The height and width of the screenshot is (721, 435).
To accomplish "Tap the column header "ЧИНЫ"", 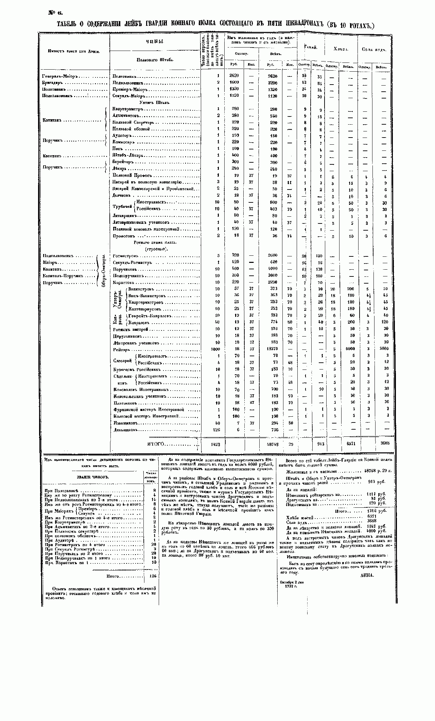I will coord(155,41).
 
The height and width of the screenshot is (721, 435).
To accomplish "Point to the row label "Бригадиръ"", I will coord(52,83).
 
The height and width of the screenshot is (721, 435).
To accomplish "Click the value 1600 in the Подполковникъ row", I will coord(234,83).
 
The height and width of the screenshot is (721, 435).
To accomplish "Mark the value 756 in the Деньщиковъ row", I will coord(273,430).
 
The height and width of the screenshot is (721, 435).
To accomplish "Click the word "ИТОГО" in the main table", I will coord(156,444).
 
